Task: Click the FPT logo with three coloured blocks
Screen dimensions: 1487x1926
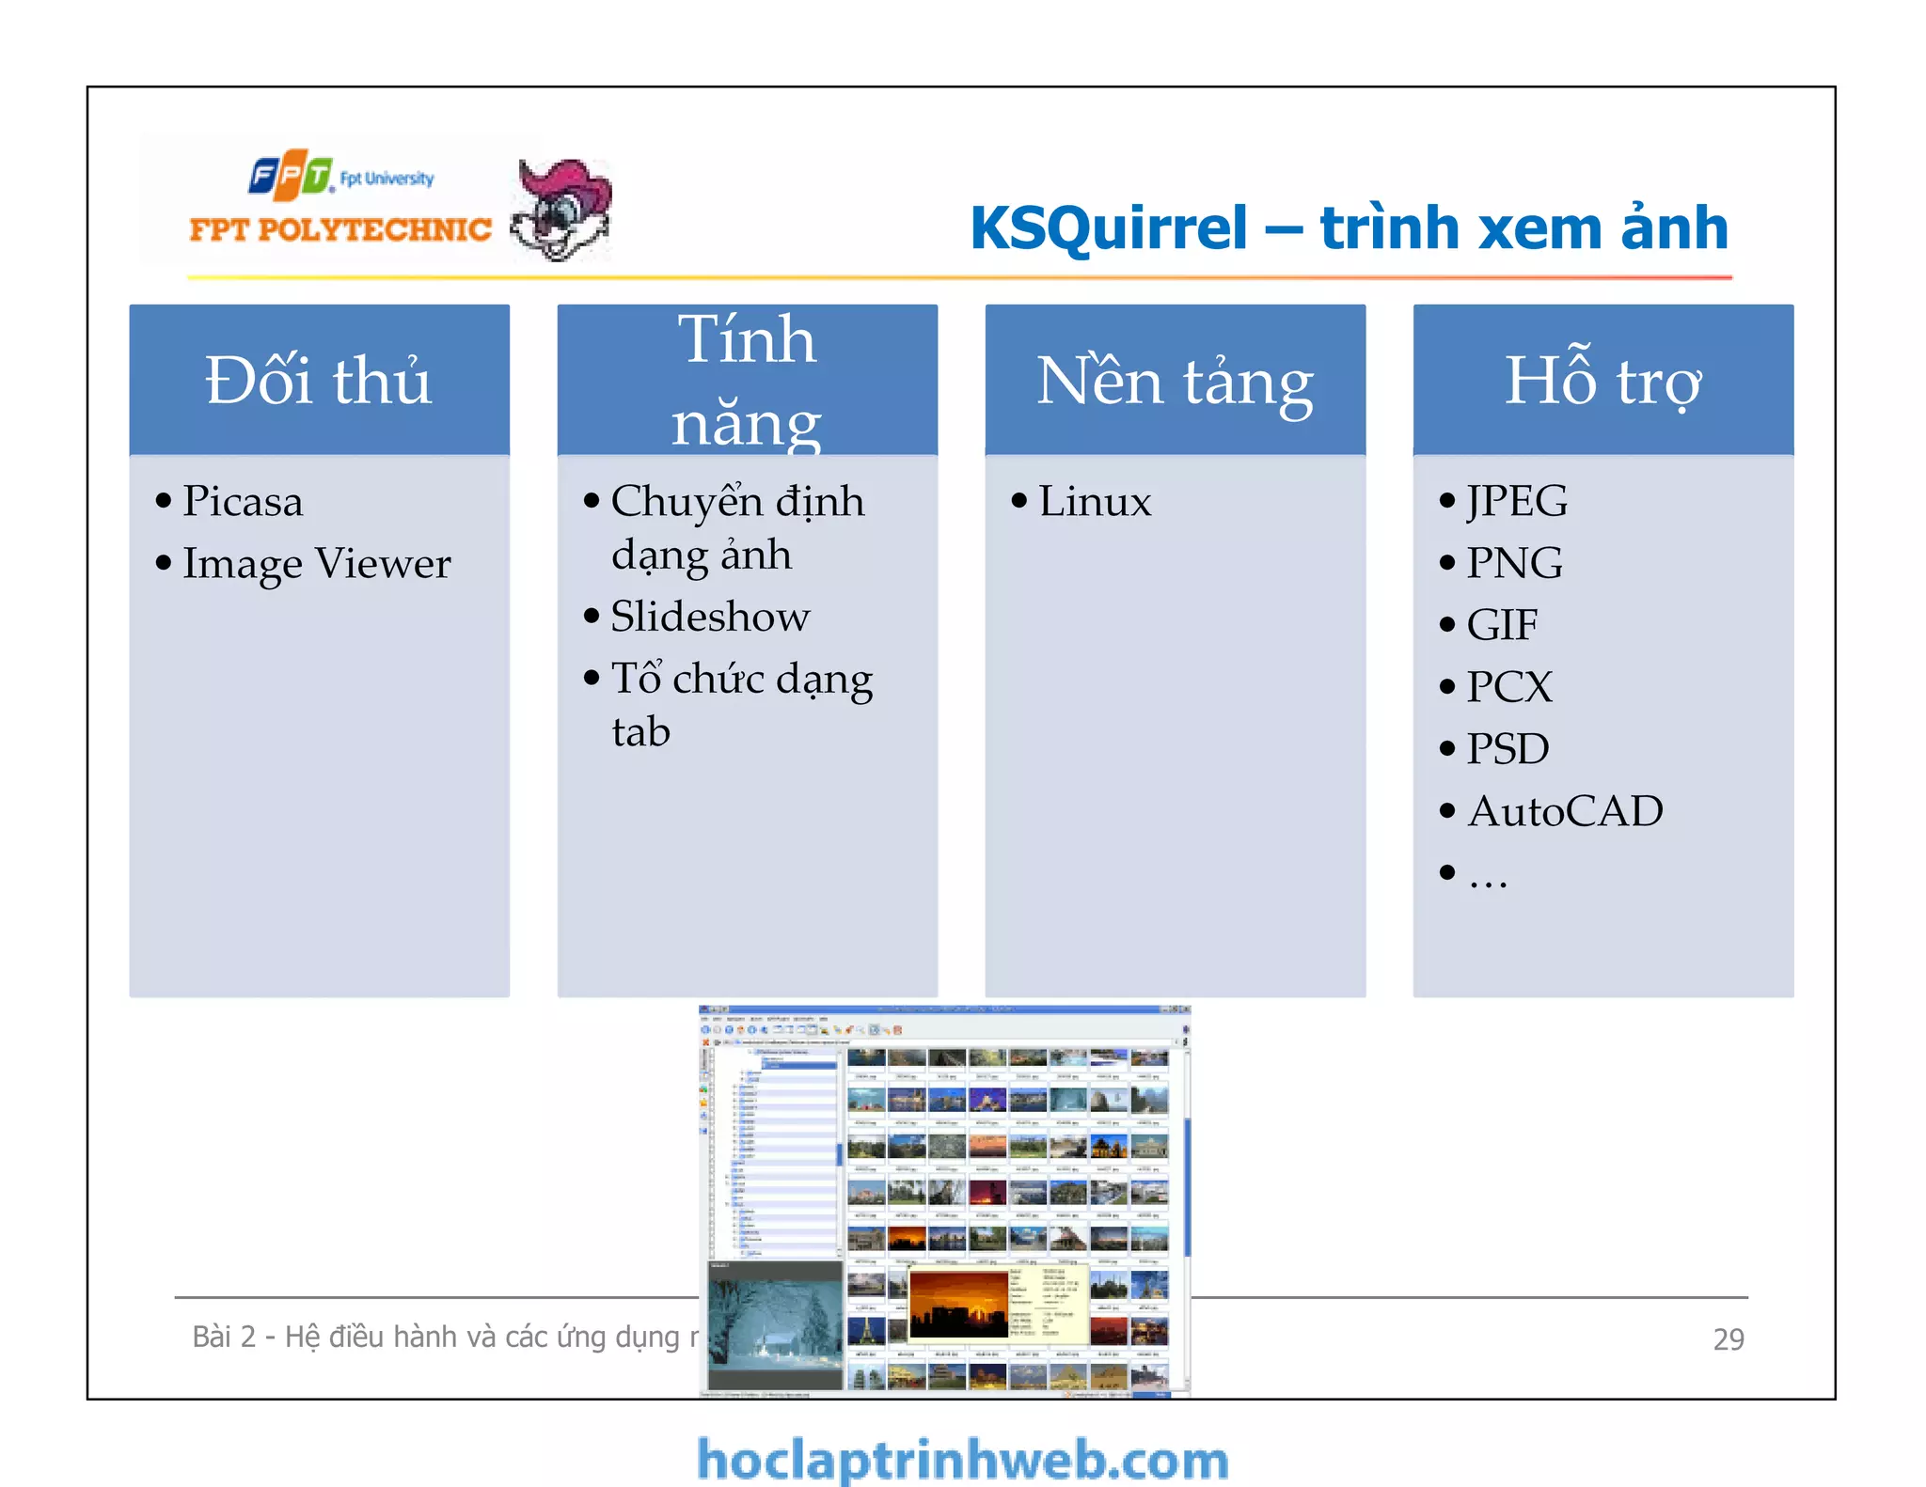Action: (x=291, y=175)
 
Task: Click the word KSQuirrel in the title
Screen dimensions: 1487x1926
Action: (x=1108, y=228)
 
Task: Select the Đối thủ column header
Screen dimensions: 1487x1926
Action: (x=319, y=380)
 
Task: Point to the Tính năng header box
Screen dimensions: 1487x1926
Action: (x=747, y=380)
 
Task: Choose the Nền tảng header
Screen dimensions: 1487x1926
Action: (x=1175, y=380)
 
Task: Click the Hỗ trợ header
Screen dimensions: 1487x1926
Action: (x=1602, y=380)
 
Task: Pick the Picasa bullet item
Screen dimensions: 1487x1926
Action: (x=243, y=500)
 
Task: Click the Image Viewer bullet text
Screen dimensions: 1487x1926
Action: (x=316, y=563)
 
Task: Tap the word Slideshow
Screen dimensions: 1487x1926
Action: (x=710, y=617)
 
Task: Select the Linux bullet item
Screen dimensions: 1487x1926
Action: (x=1095, y=500)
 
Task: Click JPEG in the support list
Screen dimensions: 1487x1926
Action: (x=1517, y=500)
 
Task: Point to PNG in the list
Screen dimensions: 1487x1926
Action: (x=1514, y=563)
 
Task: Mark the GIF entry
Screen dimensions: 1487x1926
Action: (x=1502, y=625)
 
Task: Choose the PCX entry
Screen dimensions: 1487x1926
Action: (x=1509, y=687)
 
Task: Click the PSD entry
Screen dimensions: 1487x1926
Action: (x=1508, y=749)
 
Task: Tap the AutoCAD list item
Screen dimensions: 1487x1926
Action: (x=1565, y=811)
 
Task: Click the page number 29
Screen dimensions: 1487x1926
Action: (x=1728, y=1338)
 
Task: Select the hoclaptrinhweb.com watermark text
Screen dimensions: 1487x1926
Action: (x=962, y=1460)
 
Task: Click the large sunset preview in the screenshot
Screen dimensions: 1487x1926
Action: (x=959, y=1305)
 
